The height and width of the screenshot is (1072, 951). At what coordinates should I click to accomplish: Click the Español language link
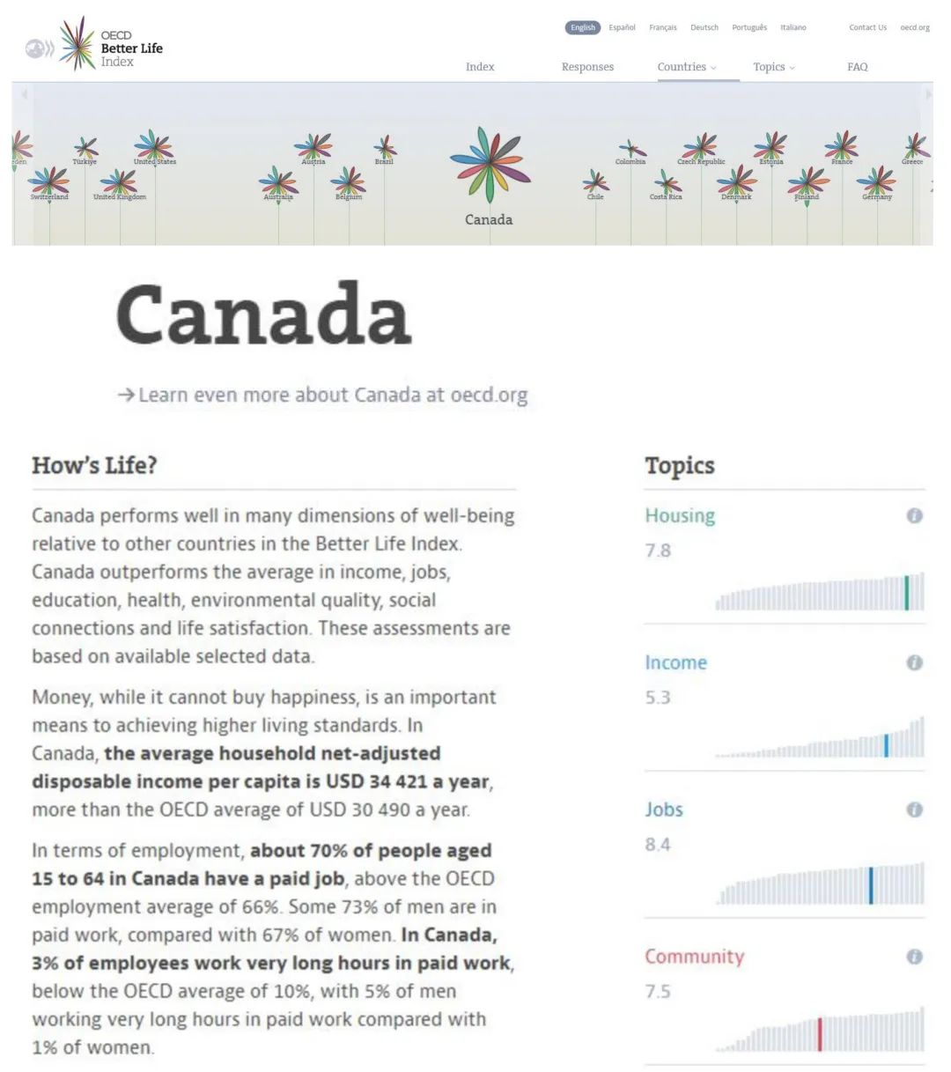pos(622,28)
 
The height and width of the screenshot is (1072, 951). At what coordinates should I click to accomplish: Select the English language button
pos(582,28)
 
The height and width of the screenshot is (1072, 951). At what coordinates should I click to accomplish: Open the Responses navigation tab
pos(587,67)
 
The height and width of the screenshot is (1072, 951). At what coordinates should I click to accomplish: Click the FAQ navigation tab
pos(857,67)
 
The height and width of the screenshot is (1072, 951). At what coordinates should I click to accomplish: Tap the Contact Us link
pos(867,28)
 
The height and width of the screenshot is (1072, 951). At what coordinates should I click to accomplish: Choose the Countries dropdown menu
pos(686,67)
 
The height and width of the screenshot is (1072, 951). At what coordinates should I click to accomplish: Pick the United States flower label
pos(155,162)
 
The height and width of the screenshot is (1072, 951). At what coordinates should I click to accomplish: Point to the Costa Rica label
pos(666,197)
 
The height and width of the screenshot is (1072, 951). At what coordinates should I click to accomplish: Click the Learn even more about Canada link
pos(323,395)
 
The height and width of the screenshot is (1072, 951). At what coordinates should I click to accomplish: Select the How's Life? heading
pos(94,465)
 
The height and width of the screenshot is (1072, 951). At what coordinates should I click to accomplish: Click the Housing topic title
pos(680,516)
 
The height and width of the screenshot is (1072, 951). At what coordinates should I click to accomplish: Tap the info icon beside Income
pos(915,662)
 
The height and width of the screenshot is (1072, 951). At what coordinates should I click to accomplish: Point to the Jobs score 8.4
pos(658,845)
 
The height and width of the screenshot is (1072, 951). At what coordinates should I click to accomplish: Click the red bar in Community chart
pos(820,1034)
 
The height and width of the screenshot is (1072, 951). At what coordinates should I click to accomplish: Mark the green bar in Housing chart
pos(906,593)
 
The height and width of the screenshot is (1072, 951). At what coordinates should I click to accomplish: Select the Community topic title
pos(694,957)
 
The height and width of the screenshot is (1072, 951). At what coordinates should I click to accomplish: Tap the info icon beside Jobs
pos(915,810)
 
